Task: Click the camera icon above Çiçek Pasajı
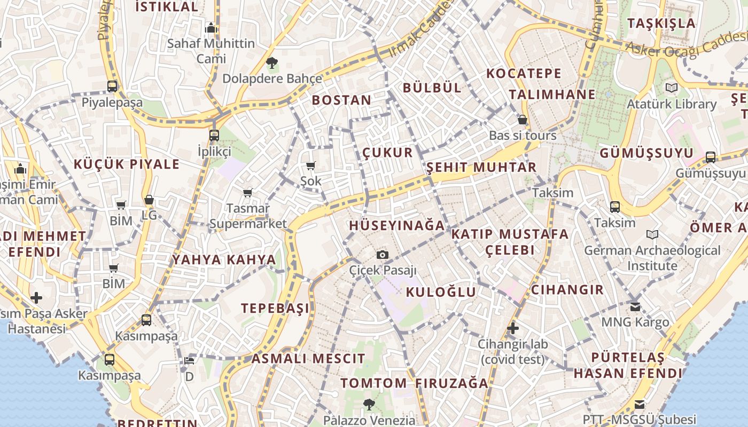383,255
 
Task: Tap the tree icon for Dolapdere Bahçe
272,64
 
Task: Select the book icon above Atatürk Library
671,88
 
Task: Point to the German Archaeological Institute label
652,258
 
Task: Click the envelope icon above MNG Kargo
635,307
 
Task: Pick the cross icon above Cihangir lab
513,328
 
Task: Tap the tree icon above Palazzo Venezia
369,404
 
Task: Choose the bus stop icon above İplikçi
214,135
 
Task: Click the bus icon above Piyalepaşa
112,86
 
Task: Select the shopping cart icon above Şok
311,166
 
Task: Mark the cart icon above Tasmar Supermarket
247,193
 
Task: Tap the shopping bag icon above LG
149,200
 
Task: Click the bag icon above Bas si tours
523,120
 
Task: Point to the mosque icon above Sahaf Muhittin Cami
211,28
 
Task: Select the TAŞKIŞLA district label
661,23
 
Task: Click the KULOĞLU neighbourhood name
441,292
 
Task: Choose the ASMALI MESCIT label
308,359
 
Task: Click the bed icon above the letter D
189,360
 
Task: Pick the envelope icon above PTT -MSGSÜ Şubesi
640,404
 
